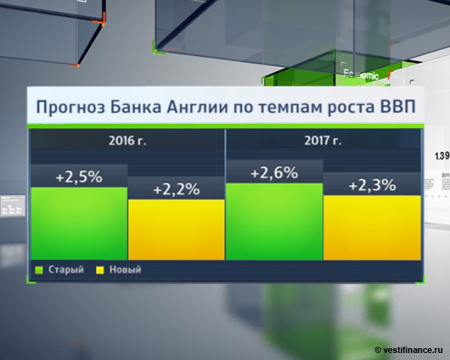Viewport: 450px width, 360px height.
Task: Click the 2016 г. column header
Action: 127,141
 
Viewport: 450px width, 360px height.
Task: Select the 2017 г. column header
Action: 323,141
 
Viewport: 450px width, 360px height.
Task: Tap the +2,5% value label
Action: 79,176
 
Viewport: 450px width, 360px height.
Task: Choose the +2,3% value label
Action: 372,185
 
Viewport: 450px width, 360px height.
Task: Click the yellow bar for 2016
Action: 176,229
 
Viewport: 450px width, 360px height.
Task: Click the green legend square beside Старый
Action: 39,269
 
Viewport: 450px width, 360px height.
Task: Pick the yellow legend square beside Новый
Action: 101,269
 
